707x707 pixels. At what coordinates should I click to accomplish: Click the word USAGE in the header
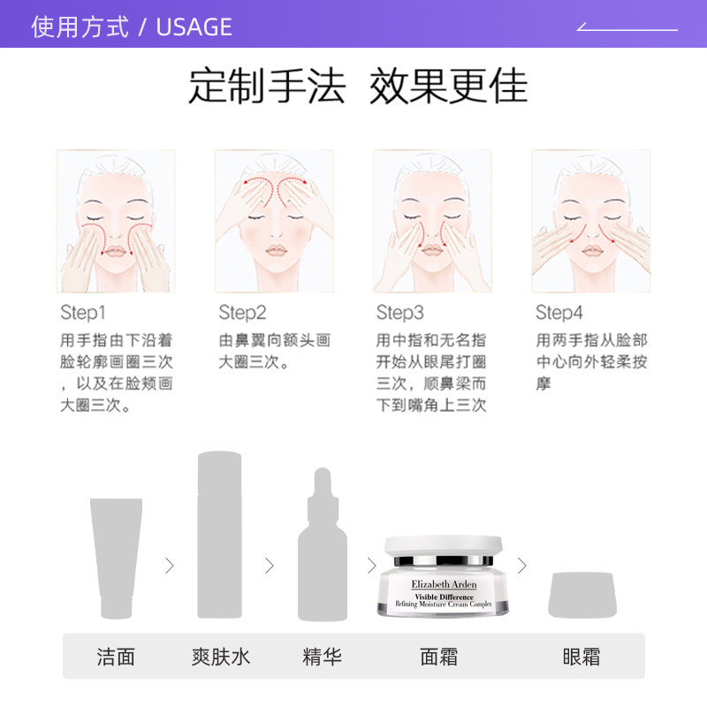[x=194, y=27]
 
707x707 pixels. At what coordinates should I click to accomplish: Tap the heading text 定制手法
[x=266, y=87]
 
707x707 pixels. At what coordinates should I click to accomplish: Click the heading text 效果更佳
[x=448, y=87]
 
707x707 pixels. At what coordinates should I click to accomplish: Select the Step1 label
[x=82, y=313]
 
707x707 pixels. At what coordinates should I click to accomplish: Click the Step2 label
[x=242, y=313]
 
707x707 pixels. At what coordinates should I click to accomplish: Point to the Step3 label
[x=399, y=313]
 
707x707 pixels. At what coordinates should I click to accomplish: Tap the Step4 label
[x=559, y=313]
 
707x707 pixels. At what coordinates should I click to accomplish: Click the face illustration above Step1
[x=116, y=221]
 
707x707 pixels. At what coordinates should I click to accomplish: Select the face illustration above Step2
[x=274, y=221]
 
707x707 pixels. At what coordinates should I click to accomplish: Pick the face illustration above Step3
[x=432, y=221]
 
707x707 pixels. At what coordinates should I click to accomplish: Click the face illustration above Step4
[x=590, y=221]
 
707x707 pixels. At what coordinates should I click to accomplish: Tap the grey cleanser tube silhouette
[x=116, y=557]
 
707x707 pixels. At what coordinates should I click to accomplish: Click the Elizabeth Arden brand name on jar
[x=444, y=584]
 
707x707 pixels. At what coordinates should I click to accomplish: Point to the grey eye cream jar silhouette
[x=582, y=595]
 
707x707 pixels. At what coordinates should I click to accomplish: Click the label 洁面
[x=116, y=657]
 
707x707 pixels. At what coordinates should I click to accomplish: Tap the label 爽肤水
[x=220, y=657]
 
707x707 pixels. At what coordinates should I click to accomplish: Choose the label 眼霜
[x=582, y=657]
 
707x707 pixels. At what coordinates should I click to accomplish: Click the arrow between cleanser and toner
[x=169, y=566]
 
